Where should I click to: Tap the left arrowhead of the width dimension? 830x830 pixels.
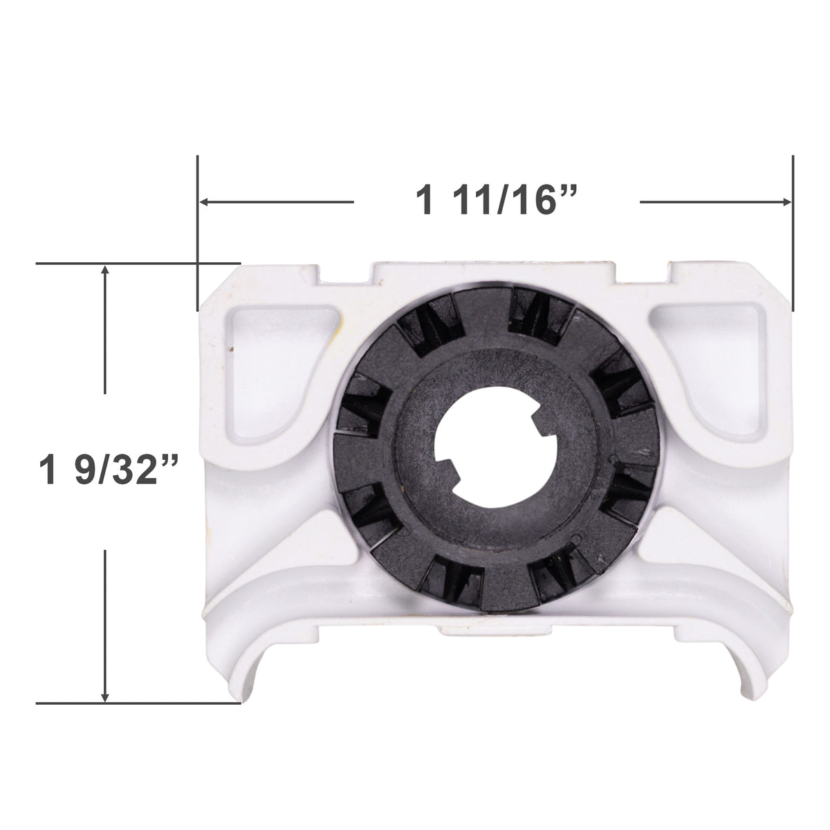(205, 202)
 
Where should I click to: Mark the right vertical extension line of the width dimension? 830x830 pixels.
(793, 235)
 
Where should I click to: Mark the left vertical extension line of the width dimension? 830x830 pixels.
(198, 235)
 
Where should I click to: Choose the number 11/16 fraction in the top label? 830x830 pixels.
(519, 201)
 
